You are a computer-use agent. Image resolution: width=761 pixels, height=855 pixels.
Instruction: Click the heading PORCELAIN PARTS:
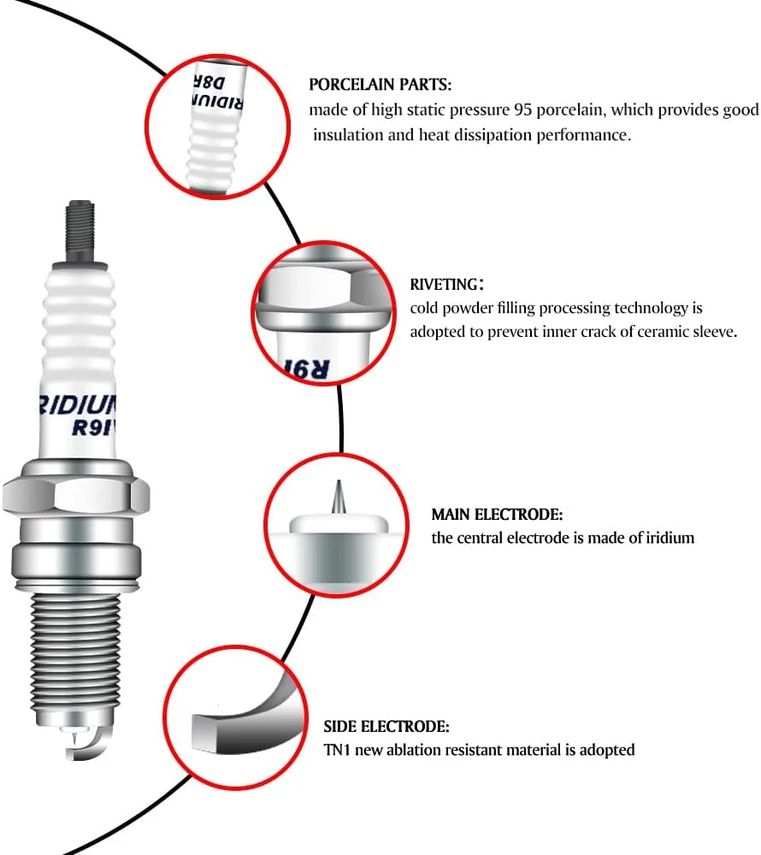(x=380, y=85)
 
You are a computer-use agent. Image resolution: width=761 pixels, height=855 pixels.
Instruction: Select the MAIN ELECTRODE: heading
(x=497, y=515)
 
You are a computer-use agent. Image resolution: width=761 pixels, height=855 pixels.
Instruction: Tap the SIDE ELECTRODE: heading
(x=386, y=727)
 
